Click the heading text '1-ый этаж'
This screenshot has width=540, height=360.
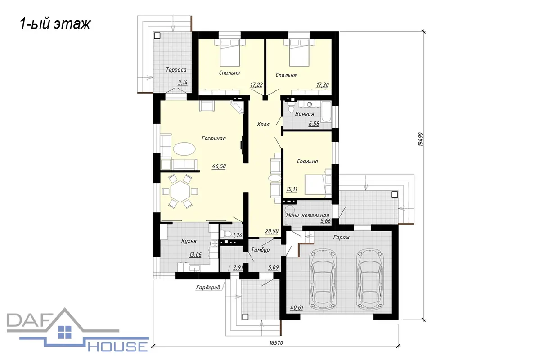point(55,24)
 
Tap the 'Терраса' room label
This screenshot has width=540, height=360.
point(176,70)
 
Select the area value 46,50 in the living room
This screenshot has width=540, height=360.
point(219,166)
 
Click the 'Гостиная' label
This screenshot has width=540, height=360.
point(214,139)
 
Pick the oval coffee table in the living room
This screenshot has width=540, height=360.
point(184,149)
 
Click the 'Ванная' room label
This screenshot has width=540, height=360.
point(305,114)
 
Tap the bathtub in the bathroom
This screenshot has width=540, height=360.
point(326,112)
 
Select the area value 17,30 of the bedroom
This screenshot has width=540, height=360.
point(322,85)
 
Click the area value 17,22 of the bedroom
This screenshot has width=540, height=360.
point(256,85)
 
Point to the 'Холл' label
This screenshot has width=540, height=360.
point(263,124)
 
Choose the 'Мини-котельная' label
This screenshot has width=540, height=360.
point(308,215)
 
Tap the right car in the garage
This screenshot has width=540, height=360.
point(370,281)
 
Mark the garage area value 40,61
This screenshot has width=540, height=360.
point(297,308)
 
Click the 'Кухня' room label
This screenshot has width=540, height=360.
point(189,241)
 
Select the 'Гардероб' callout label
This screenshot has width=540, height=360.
point(208,288)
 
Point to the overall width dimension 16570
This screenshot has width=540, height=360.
point(276,342)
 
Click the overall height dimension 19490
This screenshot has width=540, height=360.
point(420,139)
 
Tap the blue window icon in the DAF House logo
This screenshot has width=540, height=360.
point(65,332)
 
